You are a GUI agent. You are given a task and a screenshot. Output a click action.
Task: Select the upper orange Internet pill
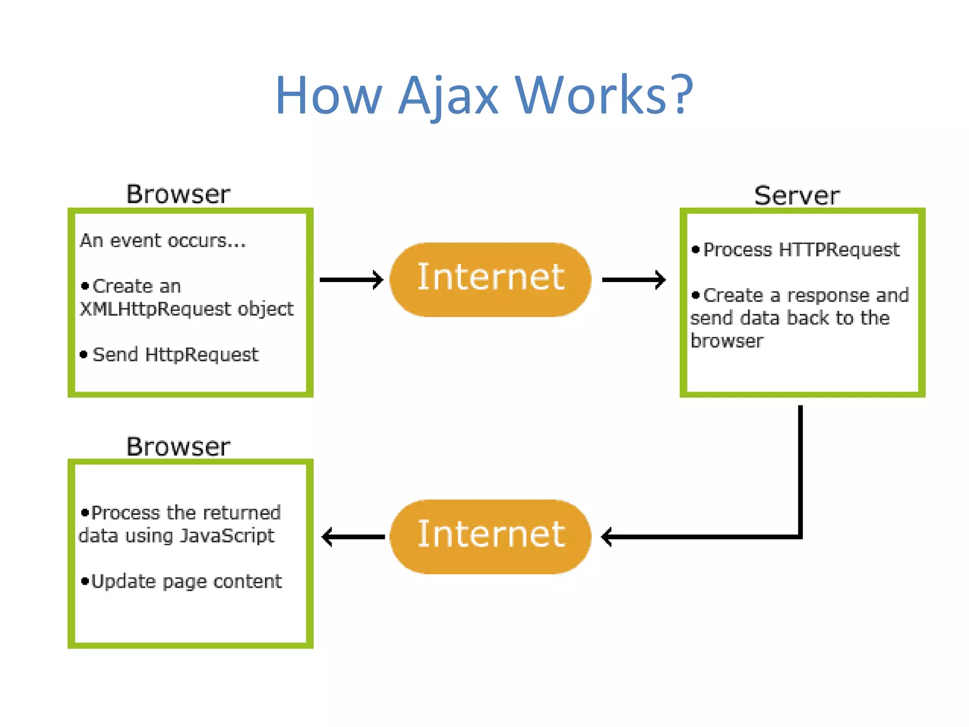490,279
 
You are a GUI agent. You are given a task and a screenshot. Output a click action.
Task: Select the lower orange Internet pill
490,536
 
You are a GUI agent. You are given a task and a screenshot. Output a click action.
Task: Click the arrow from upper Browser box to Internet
351,280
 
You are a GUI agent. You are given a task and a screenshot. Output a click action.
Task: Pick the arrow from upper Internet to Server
633,280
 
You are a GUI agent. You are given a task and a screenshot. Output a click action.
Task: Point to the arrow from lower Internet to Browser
353,537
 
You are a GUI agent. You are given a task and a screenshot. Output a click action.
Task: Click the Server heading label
797,196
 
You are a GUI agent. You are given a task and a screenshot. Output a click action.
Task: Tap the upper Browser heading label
178,195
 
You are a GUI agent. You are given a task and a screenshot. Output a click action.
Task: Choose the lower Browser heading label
178,447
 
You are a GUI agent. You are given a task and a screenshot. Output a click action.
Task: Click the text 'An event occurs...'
163,241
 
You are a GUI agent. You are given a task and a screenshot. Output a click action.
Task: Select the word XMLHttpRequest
155,309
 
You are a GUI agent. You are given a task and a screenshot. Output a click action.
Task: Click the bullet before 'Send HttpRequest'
84,355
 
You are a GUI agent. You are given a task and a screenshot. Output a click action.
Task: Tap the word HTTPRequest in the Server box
838,249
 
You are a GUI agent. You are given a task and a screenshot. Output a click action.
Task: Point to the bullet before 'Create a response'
695,295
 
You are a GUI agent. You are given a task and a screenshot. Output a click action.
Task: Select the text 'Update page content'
186,581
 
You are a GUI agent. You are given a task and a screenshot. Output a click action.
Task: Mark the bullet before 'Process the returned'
85,513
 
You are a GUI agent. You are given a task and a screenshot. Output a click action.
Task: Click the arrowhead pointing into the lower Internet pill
607,537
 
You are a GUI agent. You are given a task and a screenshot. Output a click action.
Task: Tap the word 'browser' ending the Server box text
727,341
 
